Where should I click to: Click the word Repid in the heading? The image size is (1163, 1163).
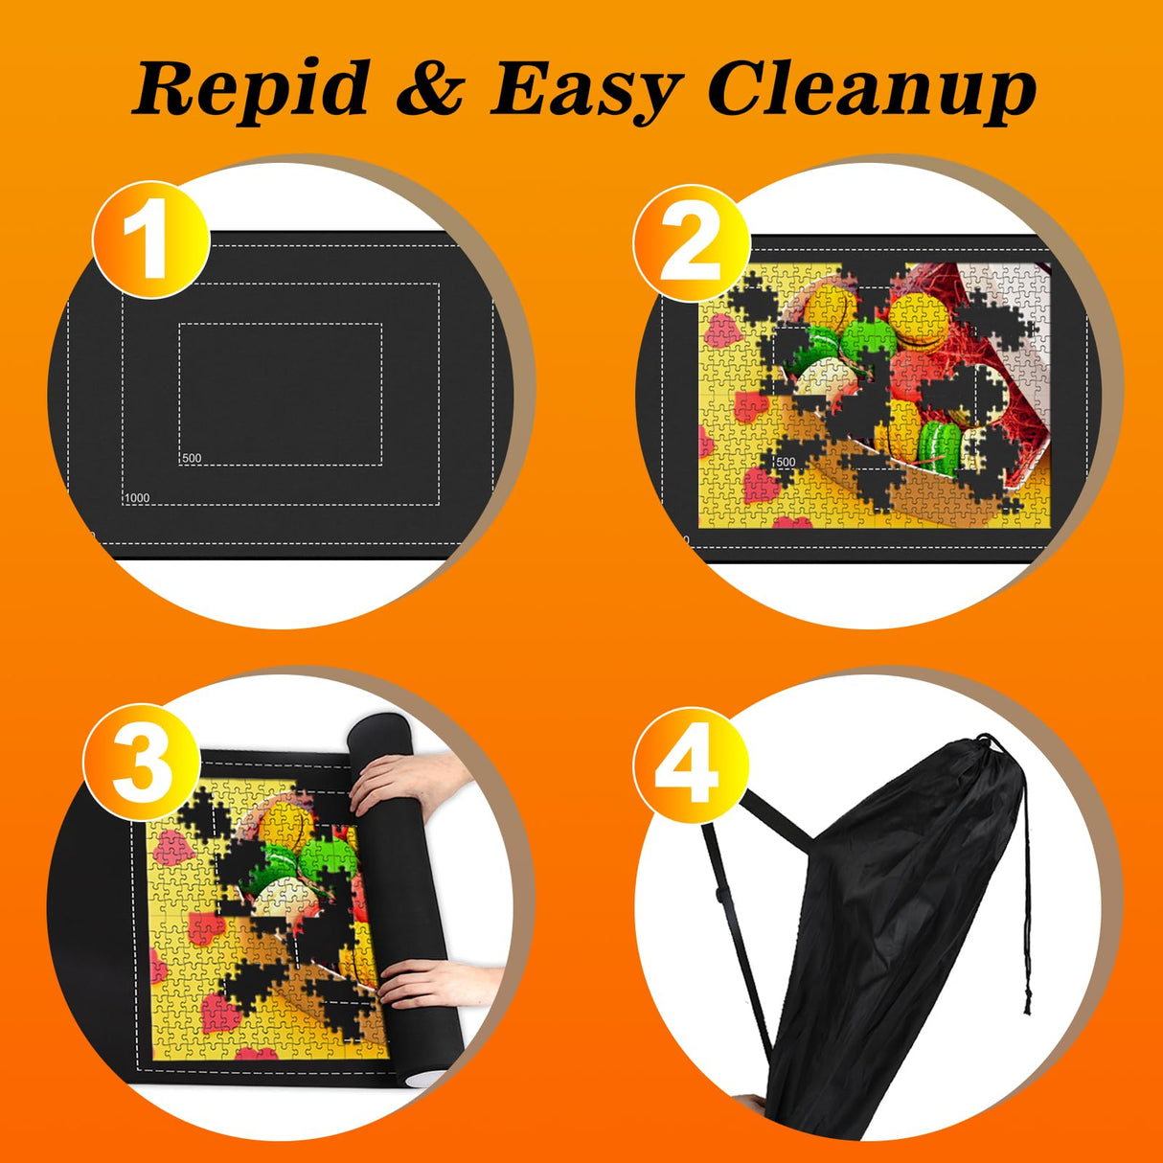click(251, 89)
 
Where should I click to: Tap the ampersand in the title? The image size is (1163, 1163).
click(428, 89)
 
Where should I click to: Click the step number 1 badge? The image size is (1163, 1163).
click(150, 240)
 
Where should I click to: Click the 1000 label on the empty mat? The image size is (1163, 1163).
click(137, 498)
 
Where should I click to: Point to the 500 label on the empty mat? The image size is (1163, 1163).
click(192, 458)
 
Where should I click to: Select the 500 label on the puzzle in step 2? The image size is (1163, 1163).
click(786, 462)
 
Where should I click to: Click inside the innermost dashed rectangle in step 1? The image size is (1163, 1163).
click(280, 393)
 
